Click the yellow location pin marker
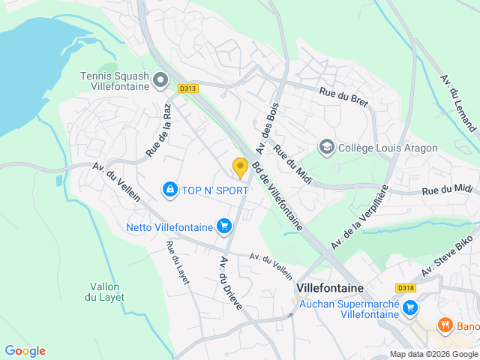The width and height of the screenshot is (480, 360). (240, 168)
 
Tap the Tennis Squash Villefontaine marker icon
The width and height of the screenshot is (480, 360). (160, 79)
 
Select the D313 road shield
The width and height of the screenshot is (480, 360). (187, 88)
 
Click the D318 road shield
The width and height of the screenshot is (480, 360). (405, 288)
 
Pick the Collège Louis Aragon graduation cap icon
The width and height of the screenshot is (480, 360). (326, 147)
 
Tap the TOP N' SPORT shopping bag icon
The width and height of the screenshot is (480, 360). (171, 190)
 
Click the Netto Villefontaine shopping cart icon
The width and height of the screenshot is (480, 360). (223, 226)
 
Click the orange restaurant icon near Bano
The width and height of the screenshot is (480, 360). (445, 325)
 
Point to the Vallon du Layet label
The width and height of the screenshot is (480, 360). (107, 292)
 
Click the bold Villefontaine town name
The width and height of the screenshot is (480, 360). (330, 288)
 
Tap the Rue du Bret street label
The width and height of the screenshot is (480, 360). (344, 97)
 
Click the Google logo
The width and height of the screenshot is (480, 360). (25, 351)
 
